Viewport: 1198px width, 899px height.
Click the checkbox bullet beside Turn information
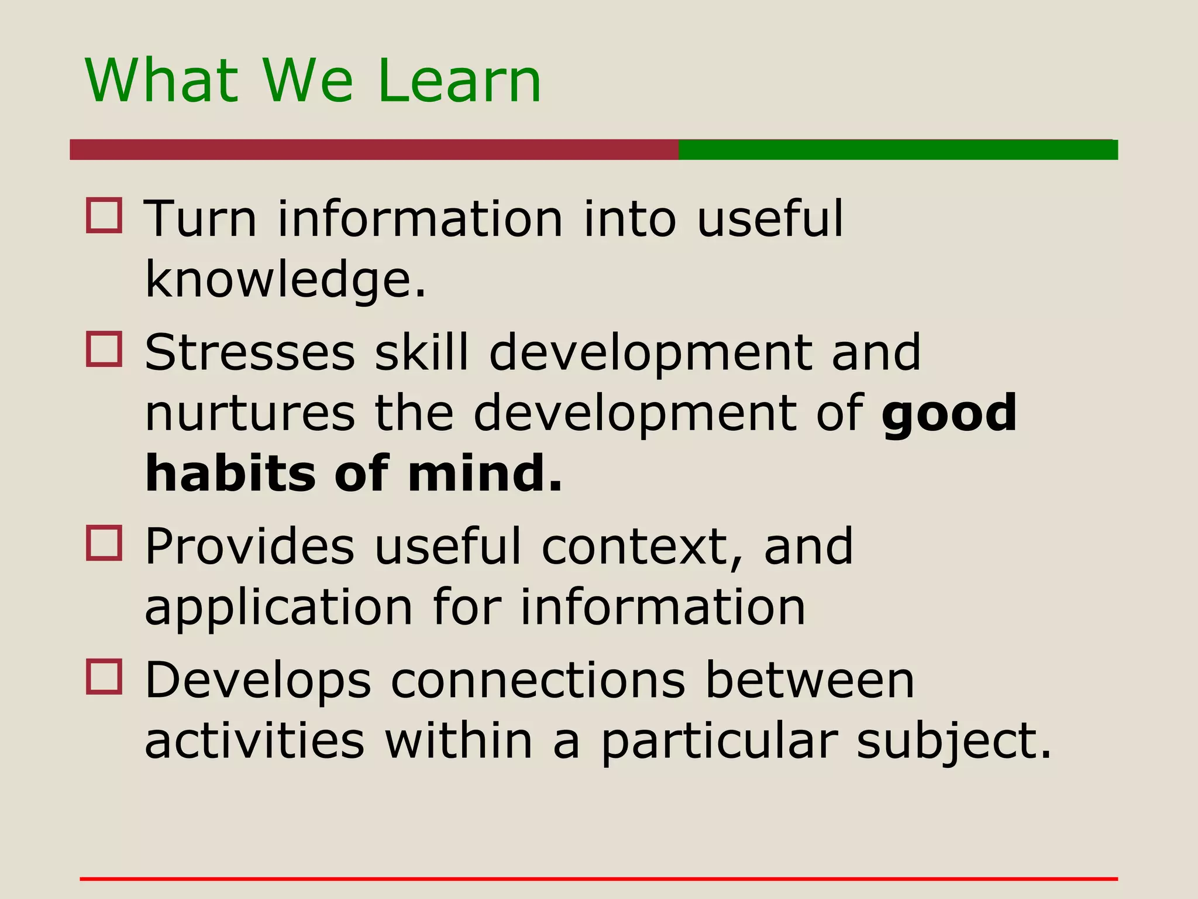coord(104,215)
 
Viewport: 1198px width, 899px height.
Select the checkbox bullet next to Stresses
coord(104,349)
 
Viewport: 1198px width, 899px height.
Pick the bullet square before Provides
coord(104,543)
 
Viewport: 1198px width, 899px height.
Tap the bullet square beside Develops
coord(104,677)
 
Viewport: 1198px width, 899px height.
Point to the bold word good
coord(949,413)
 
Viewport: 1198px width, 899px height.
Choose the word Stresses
coord(250,352)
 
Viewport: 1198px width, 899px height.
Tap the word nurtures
coord(250,413)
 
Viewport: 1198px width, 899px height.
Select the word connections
coord(538,680)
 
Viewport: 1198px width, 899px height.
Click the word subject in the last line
coord(954,742)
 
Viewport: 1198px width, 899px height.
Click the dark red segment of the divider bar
coord(374,150)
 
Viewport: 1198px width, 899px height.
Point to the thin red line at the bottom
coord(599,879)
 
